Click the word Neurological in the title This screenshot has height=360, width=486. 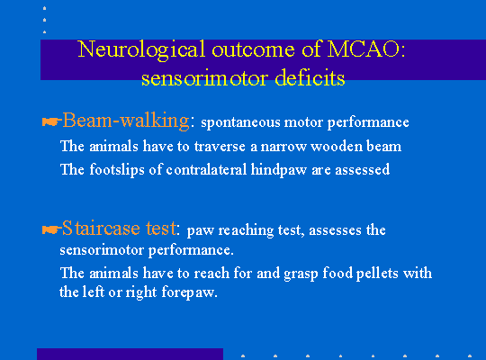click(141, 49)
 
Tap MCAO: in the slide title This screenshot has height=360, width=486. click(366, 49)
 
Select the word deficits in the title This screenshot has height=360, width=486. click(310, 77)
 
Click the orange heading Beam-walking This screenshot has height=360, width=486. click(125, 121)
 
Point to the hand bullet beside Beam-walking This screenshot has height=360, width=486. click(50, 121)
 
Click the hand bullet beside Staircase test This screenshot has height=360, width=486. click(50, 229)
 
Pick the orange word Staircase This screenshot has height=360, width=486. click(101, 229)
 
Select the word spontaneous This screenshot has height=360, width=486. click(240, 122)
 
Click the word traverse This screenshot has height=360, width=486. click(220, 146)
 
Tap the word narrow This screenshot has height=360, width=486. click(283, 147)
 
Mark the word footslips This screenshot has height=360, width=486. click(117, 170)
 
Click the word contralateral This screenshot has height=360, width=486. click(206, 169)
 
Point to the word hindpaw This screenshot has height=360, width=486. click(278, 170)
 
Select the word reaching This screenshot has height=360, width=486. click(246, 230)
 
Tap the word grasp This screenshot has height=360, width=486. click(301, 274)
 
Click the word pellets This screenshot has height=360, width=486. click(377, 274)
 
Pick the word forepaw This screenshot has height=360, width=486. click(189, 292)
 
